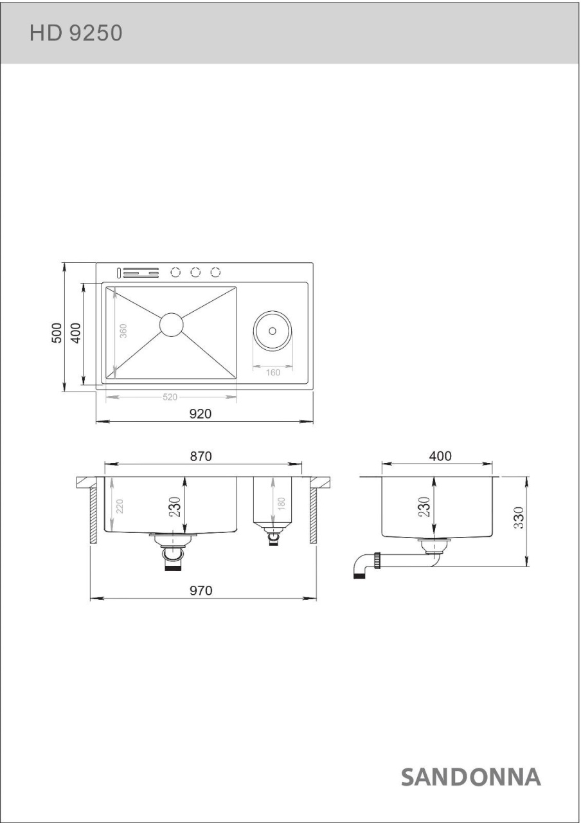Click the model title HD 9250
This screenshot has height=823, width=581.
[76, 33]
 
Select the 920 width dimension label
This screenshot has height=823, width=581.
[200, 413]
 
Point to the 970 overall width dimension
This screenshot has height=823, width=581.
[201, 590]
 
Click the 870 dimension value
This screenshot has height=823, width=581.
[201, 456]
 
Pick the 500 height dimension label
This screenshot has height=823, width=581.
[57, 333]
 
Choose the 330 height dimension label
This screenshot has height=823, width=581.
[519, 518]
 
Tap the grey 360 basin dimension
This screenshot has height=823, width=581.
[123, 331]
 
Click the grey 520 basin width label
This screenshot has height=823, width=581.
[170, 397]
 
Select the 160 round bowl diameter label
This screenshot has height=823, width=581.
[273, 372]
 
